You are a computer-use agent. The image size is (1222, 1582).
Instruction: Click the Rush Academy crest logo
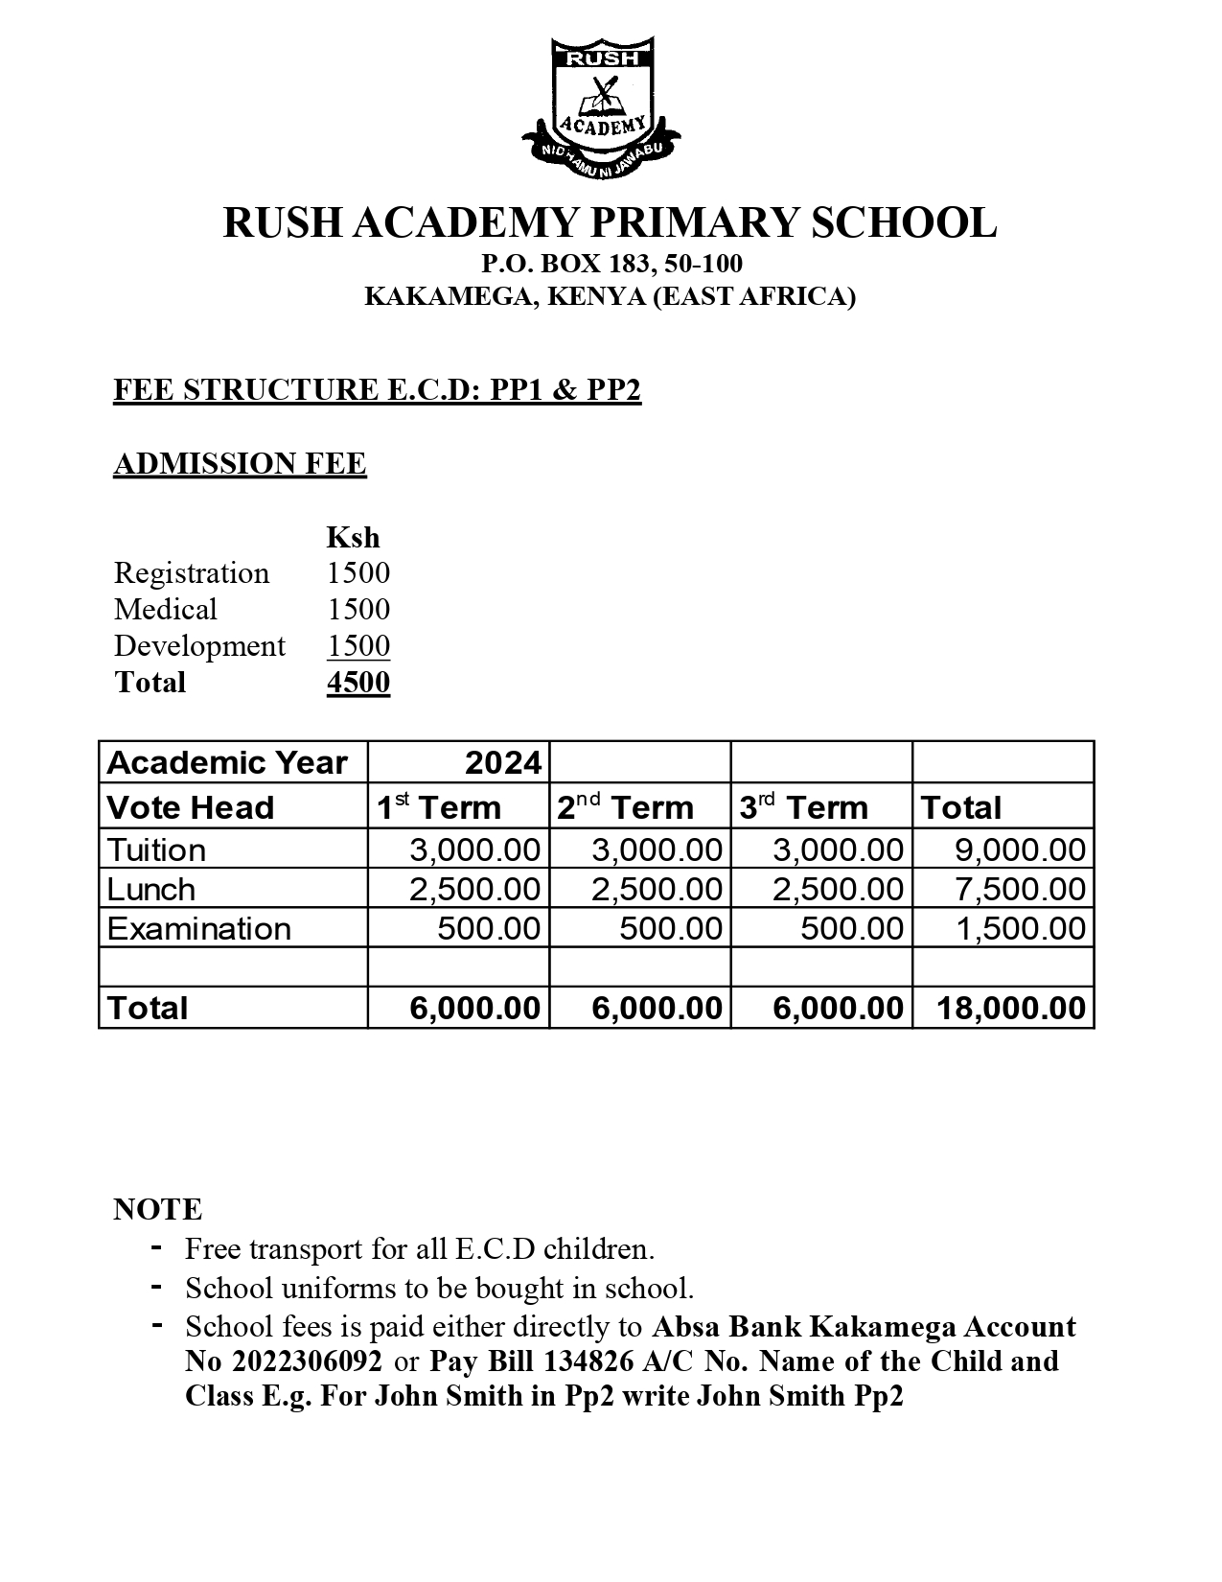[x=601, y=106]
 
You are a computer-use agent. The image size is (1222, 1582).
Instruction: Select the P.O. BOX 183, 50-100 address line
[x=611, y=264]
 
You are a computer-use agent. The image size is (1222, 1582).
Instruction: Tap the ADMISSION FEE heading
[x=240, y=464]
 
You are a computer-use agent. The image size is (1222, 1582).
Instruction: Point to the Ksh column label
[x=353, y=537]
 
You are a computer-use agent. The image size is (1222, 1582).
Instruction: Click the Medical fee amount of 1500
[x=357, y=610]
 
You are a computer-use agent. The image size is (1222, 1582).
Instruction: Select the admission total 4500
[x=357, y=683]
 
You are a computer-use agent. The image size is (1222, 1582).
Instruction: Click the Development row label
[x=199, y=646]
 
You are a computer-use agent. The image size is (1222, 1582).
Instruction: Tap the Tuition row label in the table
[x=156, y=850]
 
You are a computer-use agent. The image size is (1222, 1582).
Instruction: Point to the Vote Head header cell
[x=191, y=807]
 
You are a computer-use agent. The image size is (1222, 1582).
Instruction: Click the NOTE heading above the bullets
[x=158, y=1209]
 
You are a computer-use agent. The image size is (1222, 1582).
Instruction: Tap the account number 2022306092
[x=307, y=1361]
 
